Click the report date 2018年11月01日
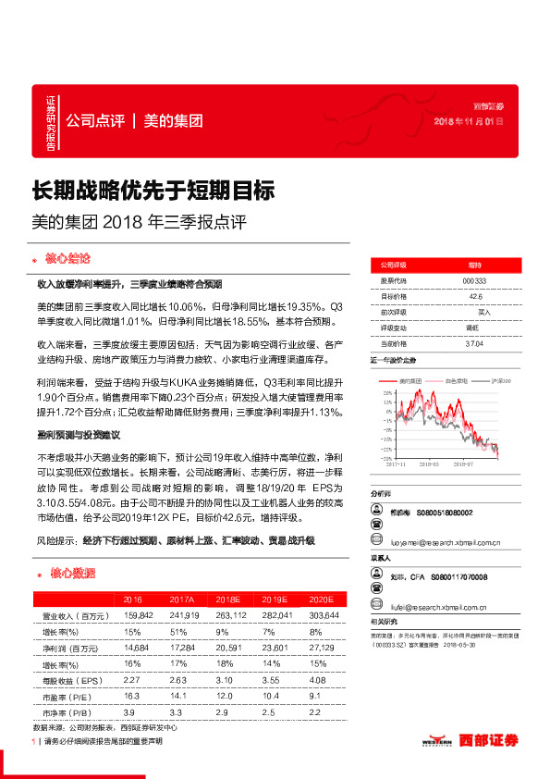pyautogui.click(x=470, y=122)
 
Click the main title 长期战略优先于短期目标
pyautogui.click(x=153, y=192)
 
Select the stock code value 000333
pyautogui.click(x=474, y=280)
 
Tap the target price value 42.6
pyautogui.click(x=475, y=296)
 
